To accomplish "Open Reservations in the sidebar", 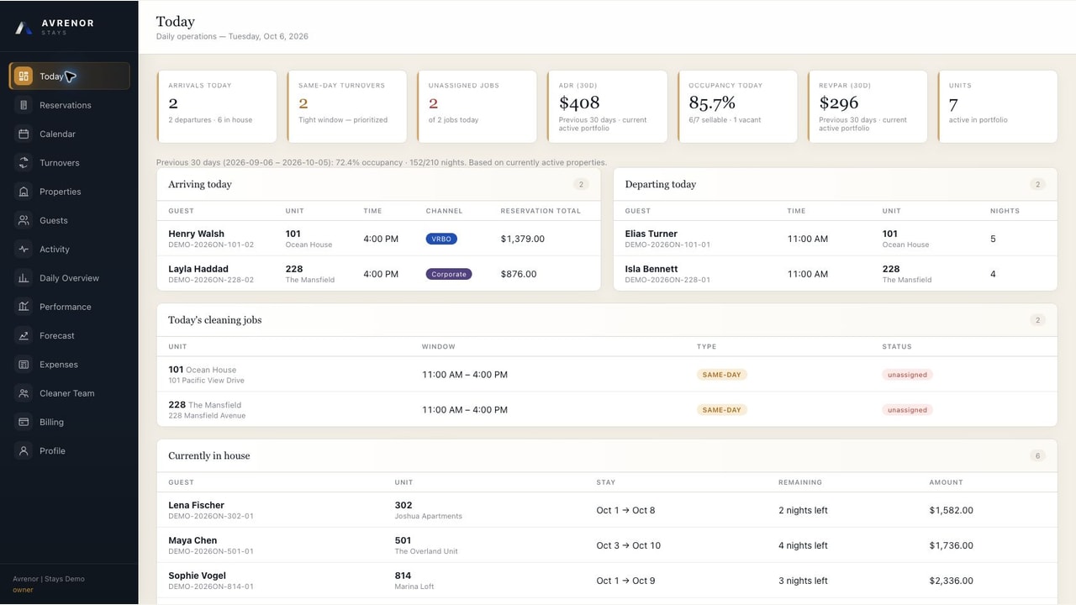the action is coord(66,105).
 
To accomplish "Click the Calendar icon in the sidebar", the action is coord(24,134).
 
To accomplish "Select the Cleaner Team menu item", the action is coord(66,393).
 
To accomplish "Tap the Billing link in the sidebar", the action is coord(51,422).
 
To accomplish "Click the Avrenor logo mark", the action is coord(23,28).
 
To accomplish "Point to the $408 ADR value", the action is coord(579,103).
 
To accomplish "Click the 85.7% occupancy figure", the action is coord(712,103).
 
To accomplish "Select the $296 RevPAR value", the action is coord(839,103).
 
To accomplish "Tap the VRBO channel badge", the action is coord(441,239).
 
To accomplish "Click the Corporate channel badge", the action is coord(449,274).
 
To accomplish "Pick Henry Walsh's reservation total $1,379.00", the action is coord(523,239).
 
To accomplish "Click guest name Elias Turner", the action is coord(651,234).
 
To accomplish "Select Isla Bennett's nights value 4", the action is coord(993,274).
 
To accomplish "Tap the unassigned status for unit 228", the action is coord(907,410).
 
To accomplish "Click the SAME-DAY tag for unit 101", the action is coord(721,375).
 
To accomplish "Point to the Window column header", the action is coord(439,347).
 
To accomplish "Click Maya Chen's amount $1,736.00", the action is coord(951,545).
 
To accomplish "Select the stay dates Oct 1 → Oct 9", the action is coord(626,581).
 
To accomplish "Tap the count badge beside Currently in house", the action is coord(1037,455).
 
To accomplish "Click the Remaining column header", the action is coord(800,482).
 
